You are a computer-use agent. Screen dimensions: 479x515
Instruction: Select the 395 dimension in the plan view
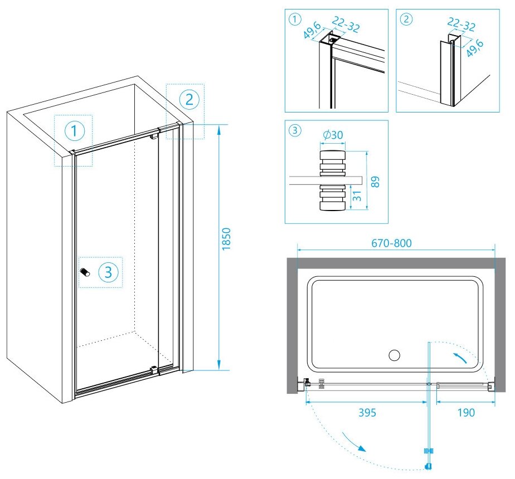point(367,413)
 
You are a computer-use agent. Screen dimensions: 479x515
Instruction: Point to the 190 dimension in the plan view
point(465,413)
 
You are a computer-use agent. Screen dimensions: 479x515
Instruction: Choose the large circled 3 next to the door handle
point(109,272)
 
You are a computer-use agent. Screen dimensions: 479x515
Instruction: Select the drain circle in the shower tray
point(395,355)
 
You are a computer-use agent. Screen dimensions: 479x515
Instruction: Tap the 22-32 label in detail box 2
point(462,24)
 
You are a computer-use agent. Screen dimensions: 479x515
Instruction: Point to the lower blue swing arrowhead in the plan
point(362,448)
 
